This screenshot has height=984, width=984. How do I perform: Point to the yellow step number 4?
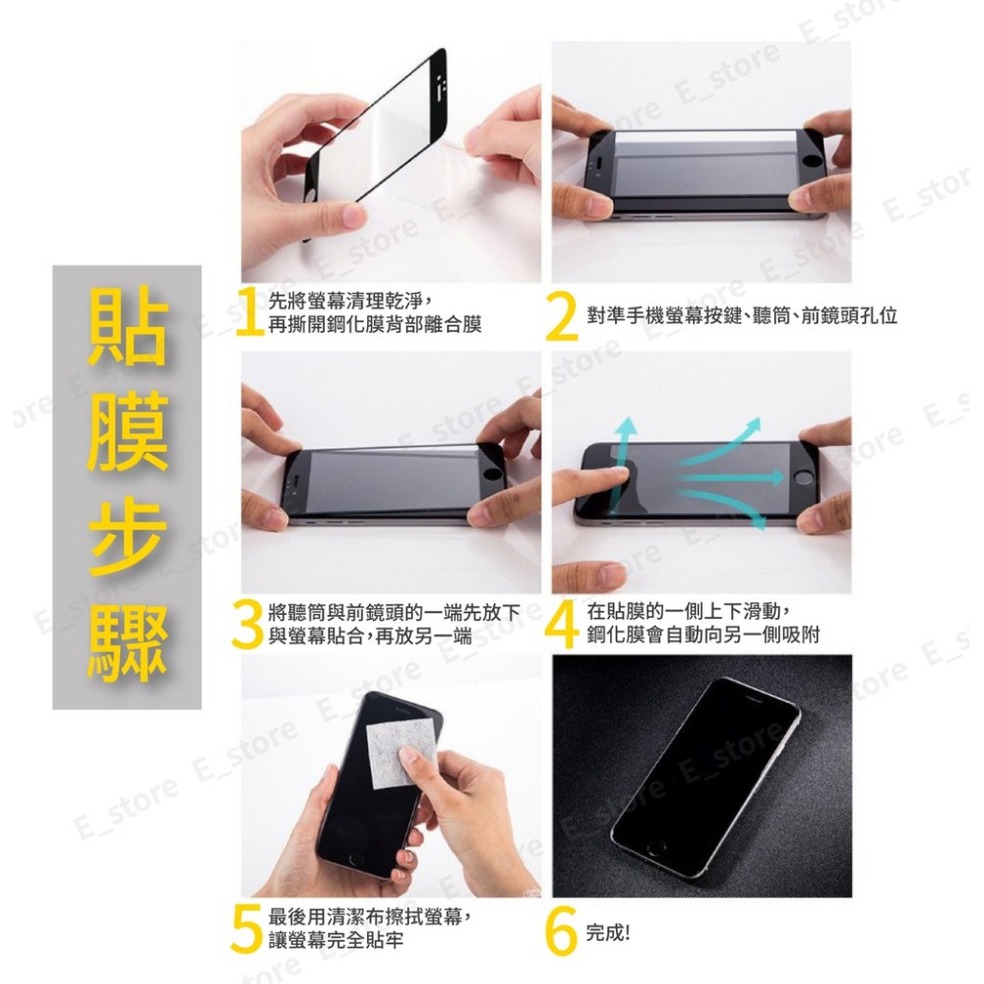(x=563, y=623)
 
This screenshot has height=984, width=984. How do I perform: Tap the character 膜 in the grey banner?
(x=127, y=435)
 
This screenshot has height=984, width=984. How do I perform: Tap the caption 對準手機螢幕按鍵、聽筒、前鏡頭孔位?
(x=741, y=317)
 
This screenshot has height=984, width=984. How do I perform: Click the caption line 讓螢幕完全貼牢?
(x=336, y=941)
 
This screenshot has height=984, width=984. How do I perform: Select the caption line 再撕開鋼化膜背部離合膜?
(x=375, y=325)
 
